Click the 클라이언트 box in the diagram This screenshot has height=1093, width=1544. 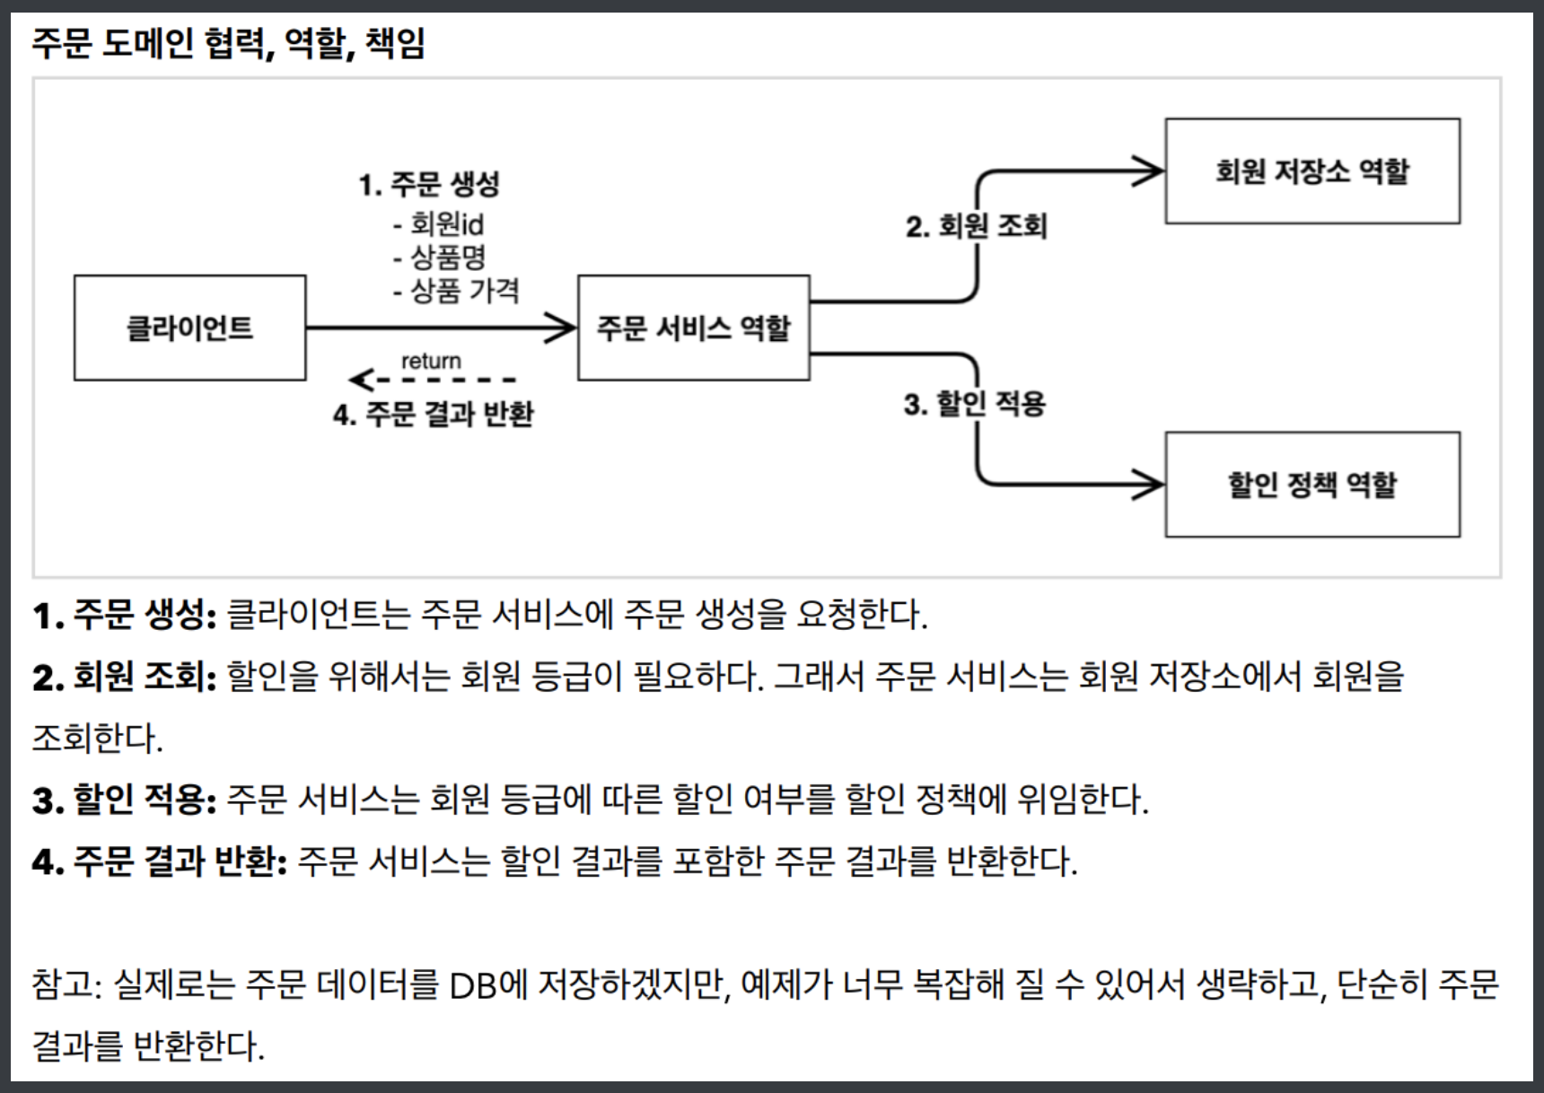(x=189, y=328)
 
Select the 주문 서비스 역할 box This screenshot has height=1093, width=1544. (x=693, y=328)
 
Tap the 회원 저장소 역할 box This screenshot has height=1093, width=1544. (x=1312, y=171)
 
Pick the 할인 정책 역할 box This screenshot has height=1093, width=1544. (x=1312, y=485)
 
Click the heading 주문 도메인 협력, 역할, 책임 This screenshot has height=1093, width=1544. (x=228, y=42)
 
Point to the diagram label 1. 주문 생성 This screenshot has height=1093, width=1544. (x=429, y=185)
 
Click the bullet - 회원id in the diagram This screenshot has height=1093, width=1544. (x=439, y=223)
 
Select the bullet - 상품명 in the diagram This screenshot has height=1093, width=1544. (x=440, y=258)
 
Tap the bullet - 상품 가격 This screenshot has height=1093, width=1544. (x=456, y=291)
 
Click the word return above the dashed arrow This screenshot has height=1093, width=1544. (x=431, y=361)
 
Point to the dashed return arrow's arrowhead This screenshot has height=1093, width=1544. (x=359, y=380)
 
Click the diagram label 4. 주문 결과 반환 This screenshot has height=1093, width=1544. (x=434, y=415)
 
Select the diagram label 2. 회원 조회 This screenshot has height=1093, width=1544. (x=976, y=226)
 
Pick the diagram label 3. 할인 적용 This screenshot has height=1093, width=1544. (x=975, y=404)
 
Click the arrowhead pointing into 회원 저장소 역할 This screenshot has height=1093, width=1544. (x=1149, y=171)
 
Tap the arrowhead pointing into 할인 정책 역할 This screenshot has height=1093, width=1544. (x=1149, y=485)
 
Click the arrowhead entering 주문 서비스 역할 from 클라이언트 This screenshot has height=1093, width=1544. (x=562, y=328)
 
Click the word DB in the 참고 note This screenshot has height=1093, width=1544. (x=473, y=985)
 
